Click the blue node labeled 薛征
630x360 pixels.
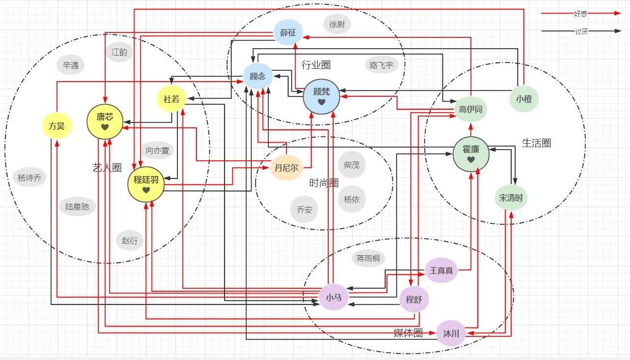288,32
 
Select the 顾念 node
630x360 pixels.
258,76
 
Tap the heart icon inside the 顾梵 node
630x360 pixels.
322,102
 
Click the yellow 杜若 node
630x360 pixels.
172,99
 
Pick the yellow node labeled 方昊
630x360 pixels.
57,126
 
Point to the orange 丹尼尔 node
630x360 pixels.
286,167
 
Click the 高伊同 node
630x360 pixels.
471,109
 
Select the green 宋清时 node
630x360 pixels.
511,197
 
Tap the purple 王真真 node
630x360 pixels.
441,270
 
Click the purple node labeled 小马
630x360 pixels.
333,297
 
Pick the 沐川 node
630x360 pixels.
451,333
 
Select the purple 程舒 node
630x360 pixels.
414,300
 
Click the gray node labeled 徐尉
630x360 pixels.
337,24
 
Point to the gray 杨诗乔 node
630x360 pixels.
29,178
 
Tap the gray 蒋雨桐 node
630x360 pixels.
368,258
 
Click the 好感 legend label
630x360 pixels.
580,14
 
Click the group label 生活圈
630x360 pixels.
536,143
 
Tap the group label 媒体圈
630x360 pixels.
408,333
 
